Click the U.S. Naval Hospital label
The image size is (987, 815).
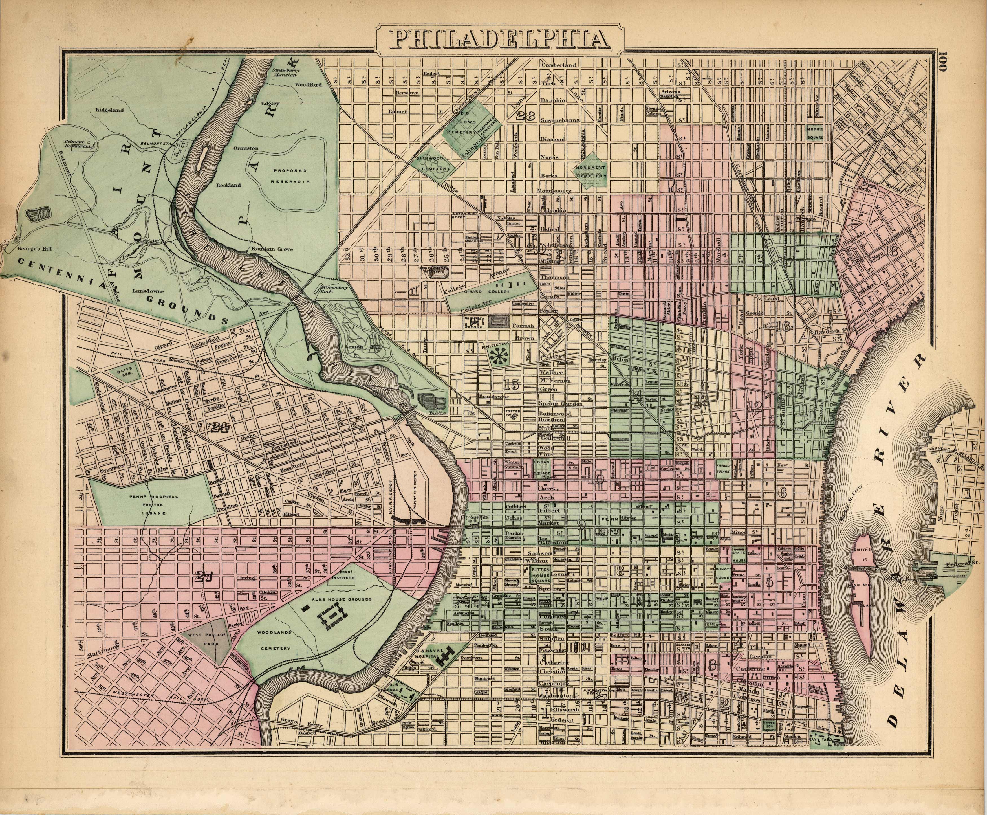[425, 657]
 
